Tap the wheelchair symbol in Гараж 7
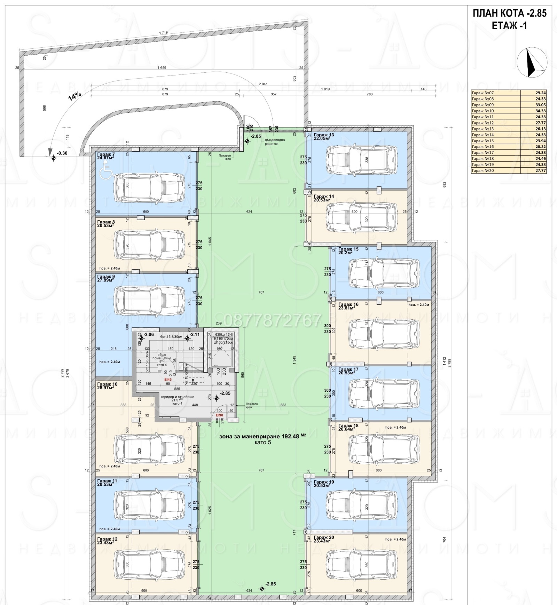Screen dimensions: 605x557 click(x=105, y=173)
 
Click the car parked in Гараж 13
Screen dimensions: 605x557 click(x=362, y=160)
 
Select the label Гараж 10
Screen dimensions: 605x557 click(x=107, y=384)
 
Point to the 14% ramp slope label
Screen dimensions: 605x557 click(x=74, y=96)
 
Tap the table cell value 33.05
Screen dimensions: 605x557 click(x=540, y=105)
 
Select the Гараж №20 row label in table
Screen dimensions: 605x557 click(x=483, y=170)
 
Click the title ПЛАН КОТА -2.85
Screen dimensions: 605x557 click(x=509, y=14)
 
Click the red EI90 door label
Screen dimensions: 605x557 click(x=219, y=415)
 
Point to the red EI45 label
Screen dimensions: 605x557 click(x=168, y=379)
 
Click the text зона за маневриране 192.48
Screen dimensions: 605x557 click(x=259, y=436)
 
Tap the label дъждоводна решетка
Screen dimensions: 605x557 click(x=275, y=142)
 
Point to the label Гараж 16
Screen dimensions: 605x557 click(x=348, y=304)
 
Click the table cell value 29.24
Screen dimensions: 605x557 click(x=540, y=93)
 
